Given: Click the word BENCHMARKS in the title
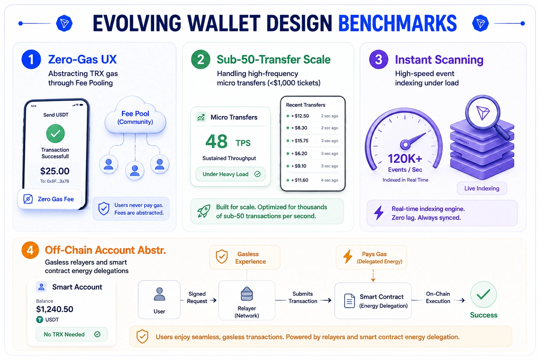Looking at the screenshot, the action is pyautogui.click(x=398, y=24).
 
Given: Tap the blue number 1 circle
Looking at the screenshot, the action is pyautogui.click(x=31, y=59).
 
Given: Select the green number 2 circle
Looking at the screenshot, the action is pyautogui.click(x=201, y=59).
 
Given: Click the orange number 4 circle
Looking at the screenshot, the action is pyautogui.click(x=30, y=250).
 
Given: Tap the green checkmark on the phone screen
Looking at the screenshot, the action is pyautogui.click(x=56, y=133).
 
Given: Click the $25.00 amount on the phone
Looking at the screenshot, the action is pyautogui.click(x=55, y=171).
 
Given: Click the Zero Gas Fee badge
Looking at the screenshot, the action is pyautogui.click(x=50, y=199).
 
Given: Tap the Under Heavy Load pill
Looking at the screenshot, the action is pyautogui.click(x=231, y=174).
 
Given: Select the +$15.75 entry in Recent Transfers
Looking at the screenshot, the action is pyautogui.click(x=313, y=141).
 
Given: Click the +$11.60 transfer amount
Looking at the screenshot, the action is pyautogui.click(x=300, y=180).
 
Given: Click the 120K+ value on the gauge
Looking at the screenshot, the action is pyautogui.click(x=405, y=159).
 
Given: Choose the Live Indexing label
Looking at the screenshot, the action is pyautogui.click(x=482, y=188).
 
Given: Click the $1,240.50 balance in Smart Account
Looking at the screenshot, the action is pyautogui.click(x=54, y=309).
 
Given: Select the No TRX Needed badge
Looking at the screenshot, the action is pyautogui.click(x=72, y=334).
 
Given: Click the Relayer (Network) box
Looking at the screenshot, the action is pyautogui.click(x=246, y=301).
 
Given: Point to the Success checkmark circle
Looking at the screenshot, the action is pyautogui.click(x=483, y=294).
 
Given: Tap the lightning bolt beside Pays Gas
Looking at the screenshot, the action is pyautogui.click(x=348, y=257).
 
